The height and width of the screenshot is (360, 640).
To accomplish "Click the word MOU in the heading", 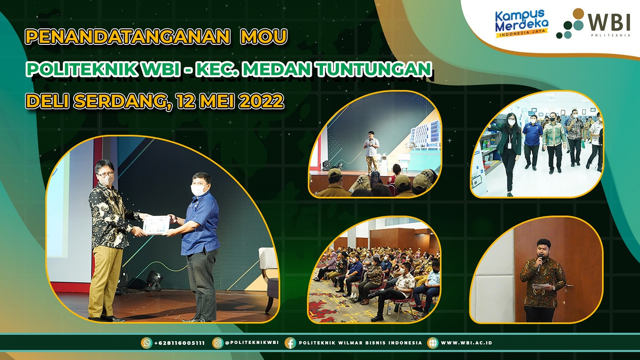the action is click(264, 36).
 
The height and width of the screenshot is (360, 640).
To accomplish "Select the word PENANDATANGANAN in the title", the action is click(128, 36).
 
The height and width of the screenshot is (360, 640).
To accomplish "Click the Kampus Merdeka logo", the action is click(522, 23).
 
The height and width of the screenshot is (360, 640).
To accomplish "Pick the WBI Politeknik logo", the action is click(593, 23).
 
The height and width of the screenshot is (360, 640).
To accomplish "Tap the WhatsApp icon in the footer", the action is click(146, 343).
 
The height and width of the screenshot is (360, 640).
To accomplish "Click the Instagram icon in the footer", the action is click(218, 343).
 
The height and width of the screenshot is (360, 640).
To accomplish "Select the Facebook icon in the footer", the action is click(290, 343).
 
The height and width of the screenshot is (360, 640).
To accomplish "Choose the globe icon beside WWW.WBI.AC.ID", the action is click(433, 343).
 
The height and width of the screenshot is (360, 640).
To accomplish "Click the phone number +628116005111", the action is click(179, 343).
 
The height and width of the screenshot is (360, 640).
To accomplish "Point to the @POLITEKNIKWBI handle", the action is click(252, 343).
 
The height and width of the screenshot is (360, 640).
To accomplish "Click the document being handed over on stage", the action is click(156, 225).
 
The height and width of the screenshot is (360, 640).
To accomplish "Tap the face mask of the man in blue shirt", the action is click(199, 190).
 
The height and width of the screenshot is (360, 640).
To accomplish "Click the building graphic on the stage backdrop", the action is click(425, 136).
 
